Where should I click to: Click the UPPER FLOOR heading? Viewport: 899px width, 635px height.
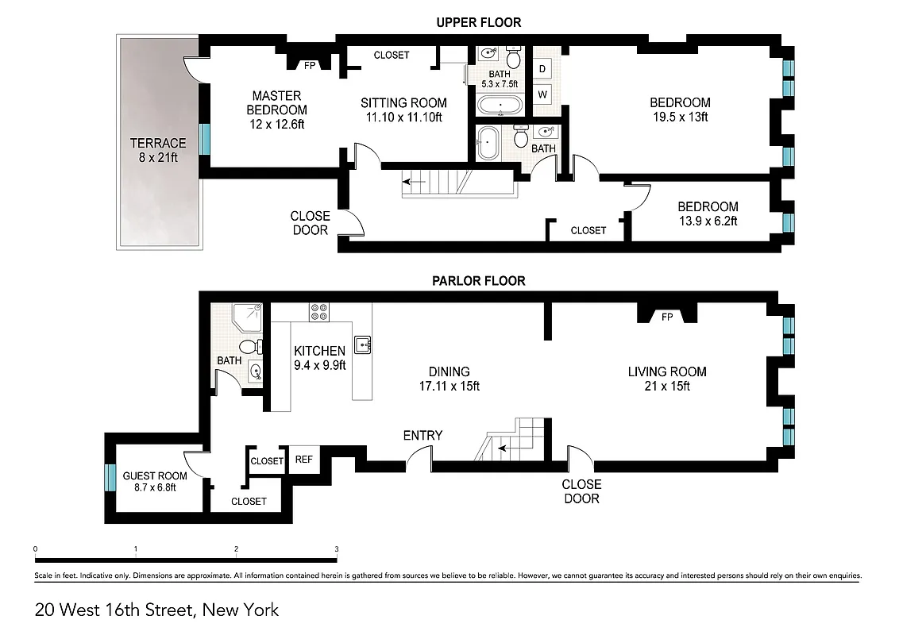tap(478, 22)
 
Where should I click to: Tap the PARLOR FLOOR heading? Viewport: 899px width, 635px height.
tap(478, 281)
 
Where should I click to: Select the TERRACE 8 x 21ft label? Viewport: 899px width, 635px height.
tap(159, 150)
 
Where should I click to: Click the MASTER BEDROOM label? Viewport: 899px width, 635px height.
tap(276, 110)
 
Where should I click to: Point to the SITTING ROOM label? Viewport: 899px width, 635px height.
tap(403, 110)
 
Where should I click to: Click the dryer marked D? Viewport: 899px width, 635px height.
tap(542, 68)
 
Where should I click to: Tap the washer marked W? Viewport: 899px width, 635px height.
tap(542, 94)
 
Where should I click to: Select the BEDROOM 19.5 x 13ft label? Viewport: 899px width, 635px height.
tap(680, 110)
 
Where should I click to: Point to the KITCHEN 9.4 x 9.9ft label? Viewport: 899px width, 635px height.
tap(320, 358)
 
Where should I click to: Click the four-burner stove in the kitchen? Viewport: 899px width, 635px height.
tap(319, 312)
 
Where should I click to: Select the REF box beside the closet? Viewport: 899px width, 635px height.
tap(303, 460)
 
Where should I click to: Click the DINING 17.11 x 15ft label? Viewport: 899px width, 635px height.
tap(449, 379)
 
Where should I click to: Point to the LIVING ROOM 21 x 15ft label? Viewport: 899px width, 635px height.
tap(667, 379)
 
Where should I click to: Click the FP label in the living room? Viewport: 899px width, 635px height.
tap(667, 317)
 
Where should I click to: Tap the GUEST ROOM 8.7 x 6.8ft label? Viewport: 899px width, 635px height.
tap(155, 481)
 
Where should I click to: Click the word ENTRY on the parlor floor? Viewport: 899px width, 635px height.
tap(422, 435)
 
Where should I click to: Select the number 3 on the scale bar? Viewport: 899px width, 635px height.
tap(337, 549)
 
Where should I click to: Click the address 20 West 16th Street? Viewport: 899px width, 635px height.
tap(156, 610)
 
